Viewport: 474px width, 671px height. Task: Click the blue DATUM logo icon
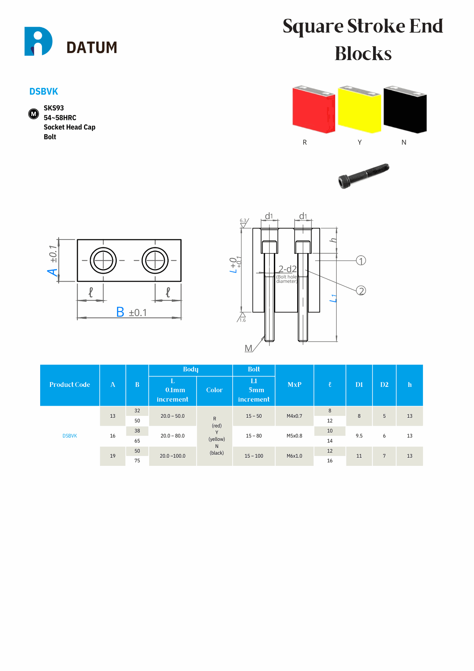[38, 41]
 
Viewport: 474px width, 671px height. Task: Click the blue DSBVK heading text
[44, 92]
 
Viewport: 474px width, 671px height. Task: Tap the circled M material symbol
[34, 114]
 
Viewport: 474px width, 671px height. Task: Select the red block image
[314, 109]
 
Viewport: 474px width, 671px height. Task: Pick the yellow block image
[359, 109]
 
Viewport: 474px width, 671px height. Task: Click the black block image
[405, 109]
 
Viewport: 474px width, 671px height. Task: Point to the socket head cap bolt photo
[364, 175]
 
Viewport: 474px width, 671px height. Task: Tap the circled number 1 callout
[361, 261]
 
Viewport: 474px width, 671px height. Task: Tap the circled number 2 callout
[361, 291]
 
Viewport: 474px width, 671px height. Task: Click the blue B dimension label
[120, 312]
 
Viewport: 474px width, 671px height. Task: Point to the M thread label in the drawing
[248, 348]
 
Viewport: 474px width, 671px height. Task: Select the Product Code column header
[70, 385]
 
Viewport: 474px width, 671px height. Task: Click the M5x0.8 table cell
[294, 436]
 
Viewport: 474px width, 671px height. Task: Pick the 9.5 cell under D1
[359, 436]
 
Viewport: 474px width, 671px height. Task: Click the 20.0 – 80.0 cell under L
[173, 436]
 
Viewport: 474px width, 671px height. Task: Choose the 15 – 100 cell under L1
[254, 456]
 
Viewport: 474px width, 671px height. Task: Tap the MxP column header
[294, 385]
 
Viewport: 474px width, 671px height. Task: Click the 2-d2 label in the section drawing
[287, 269]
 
